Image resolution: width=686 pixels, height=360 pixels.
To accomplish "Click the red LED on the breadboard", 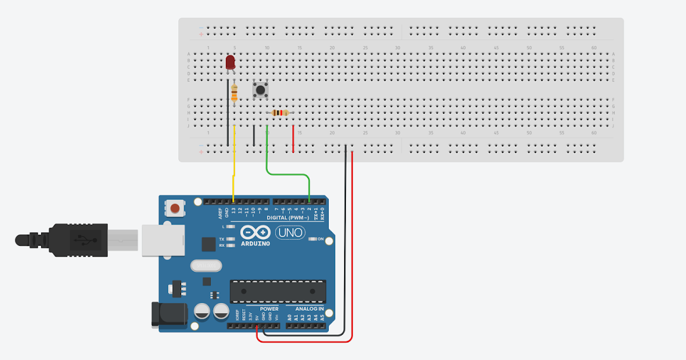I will pos(230,62).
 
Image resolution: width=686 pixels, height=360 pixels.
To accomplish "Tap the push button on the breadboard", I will pos(261,90).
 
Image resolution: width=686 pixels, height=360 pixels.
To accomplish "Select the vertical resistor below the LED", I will pos(234,93).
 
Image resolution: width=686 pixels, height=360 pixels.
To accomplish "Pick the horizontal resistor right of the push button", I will pos(280,113).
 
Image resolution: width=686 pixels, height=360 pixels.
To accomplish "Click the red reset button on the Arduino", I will pos(176,208).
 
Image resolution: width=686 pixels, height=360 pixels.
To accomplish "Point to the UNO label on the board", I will pos(290,233).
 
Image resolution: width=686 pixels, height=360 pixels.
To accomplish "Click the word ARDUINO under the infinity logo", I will pos(256,244).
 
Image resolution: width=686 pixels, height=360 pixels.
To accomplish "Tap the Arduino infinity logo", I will pos(256,232).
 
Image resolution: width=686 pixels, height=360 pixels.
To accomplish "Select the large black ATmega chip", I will pos(278,291).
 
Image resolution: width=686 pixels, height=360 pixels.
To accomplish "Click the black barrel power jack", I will pos(169,314).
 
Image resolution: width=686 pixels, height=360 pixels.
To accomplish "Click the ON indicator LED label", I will pos(321,239).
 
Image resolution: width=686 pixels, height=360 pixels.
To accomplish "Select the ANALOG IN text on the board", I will pos(309,309).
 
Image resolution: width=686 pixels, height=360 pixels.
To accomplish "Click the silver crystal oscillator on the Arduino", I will pos(205,266).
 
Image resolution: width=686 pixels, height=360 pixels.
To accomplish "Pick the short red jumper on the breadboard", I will pos(293,139).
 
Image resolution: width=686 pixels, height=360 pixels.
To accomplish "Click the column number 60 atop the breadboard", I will pos(594,48).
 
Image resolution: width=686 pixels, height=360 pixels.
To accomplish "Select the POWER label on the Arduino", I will pos(269,309).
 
